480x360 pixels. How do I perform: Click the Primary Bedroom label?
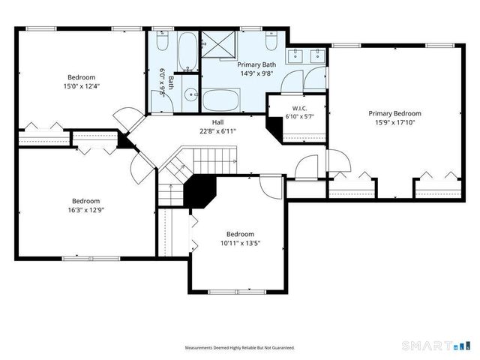click(395, 113)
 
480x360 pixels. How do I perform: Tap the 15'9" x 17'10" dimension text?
click(395, 122)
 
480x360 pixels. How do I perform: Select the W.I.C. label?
click(299, 108)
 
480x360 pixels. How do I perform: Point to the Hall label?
click(217, 122)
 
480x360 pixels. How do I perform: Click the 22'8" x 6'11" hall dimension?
click(217, 131)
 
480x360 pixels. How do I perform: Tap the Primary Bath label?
click(256, 64)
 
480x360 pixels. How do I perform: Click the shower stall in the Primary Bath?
click(218, 44)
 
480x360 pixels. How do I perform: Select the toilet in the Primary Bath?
click(271, 40)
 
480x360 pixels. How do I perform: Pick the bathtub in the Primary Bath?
click(220, 100)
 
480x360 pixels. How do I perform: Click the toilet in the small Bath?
click(162, 40)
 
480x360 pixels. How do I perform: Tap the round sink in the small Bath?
click(192, 94)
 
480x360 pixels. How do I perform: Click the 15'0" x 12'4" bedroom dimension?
click(82, 86)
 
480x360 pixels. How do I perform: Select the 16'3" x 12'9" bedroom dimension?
click(86, 210)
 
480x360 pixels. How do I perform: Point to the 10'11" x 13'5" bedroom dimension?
click(240, 243)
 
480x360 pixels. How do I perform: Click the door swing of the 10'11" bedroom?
click(271, 187)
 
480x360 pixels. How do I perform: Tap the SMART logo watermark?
click(436, 346)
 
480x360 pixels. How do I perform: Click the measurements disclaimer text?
click(240, 348)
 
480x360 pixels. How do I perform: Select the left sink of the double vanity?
click(295, 55)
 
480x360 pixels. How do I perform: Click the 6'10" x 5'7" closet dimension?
click(300, 116)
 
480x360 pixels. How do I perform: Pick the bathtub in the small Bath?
click(187, 51)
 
